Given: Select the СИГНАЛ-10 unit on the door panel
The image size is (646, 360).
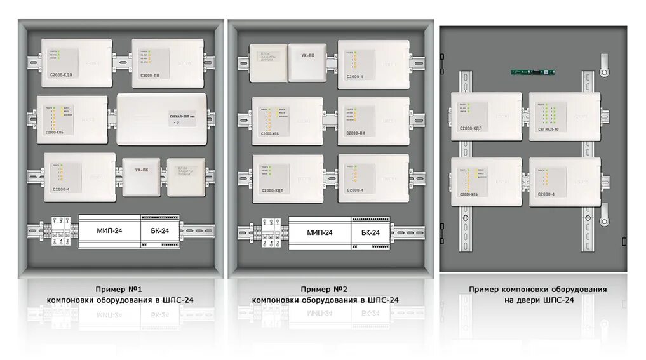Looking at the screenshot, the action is pyautogui.click(x=565, y=116).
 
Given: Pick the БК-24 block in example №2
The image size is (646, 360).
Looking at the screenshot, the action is pyautogui.click(x=370, y=232).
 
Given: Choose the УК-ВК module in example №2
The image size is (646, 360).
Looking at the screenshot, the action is pyautogui.click(x=308, y=62).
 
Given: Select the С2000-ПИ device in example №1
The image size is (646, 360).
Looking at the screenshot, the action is pyautogui.click(x=168, y=63).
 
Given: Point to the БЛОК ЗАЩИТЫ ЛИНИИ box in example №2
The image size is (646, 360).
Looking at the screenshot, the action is pyautogui.click(x=267, y=62).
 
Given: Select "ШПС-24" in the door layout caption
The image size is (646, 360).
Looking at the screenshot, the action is pyautogui.click(x=560, y=300).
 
